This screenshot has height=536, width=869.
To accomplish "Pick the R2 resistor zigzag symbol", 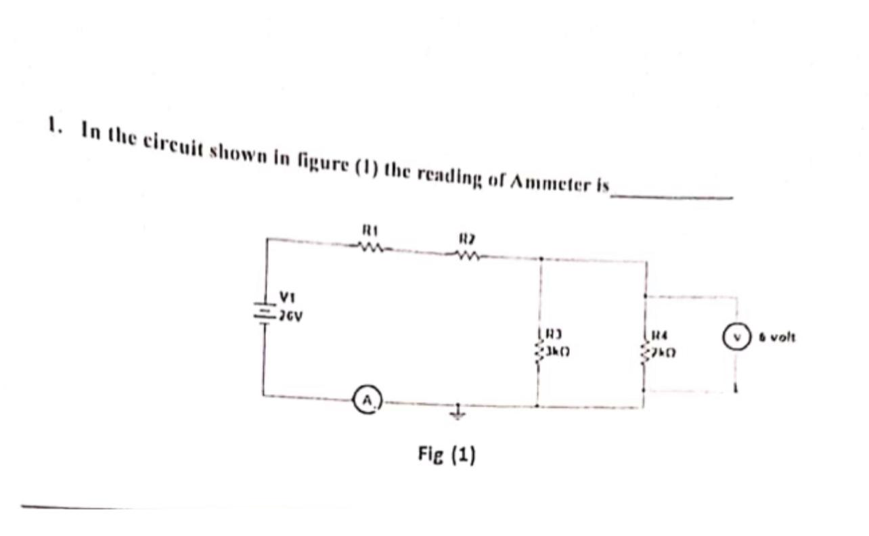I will (468, 256).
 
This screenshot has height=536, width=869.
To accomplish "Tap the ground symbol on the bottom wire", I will (458, 413).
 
